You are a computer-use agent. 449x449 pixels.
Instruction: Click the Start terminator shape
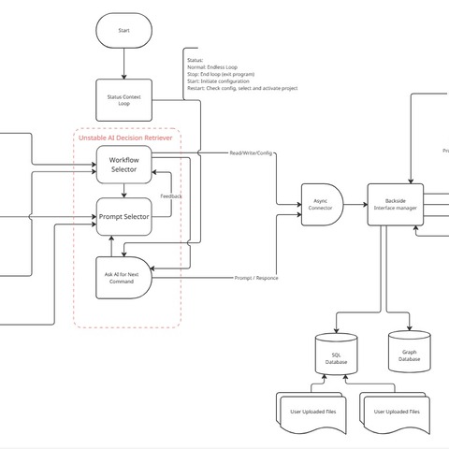tap(124, 31)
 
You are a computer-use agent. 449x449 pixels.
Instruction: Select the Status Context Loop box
tap(124, 98)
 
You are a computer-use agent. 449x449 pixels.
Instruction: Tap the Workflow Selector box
tap(123, 165)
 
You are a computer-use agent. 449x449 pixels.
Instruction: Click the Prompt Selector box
tap(123, 217)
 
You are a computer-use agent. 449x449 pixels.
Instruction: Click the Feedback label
tap(171, 196)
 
